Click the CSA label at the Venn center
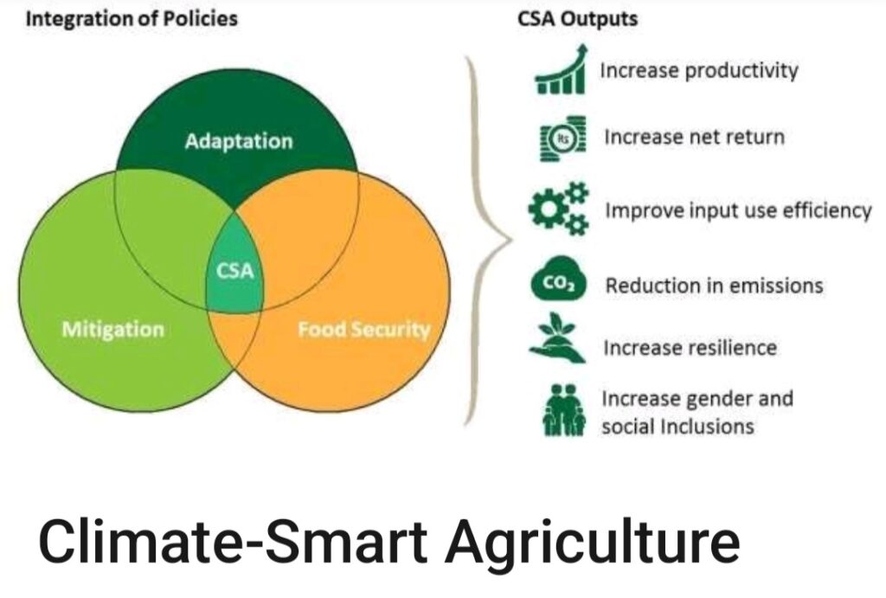tap(235, 271)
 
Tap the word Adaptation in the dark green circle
tap(239, 141)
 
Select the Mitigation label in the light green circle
tap(113, 329)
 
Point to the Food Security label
tap(364, 329)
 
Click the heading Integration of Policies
tap(132, 19)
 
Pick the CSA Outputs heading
tap(577, 19)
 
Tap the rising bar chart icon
tap(561, 70)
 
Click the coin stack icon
tap(562, 138)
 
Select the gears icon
tap(559, 208)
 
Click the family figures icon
tap(563, 410)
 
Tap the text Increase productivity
tap(699, 71)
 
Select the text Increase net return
tap(695, 138)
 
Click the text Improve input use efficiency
tap(738, 211)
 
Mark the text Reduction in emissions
tap(714, 286)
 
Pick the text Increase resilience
tap(690, 348)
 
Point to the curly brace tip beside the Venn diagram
tap(510, 240)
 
